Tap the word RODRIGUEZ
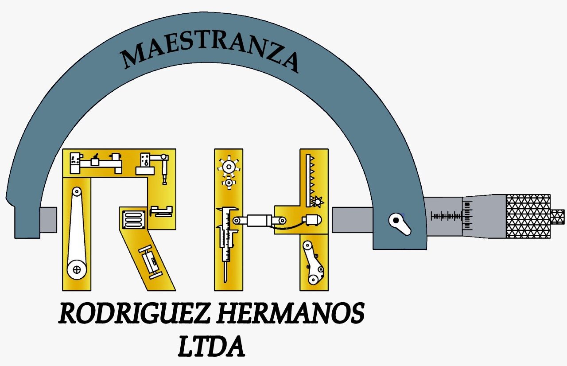click(x=134, y=313)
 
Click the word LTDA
click(x=211, y=346)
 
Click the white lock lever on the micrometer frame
click(x=400, y=224)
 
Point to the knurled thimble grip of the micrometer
click(x=528, y=216)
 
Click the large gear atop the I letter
click(x=229, y=167)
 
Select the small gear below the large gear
click(x=229, y=183)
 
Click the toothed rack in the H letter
click(x=311, y=180)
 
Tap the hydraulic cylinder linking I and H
click(x=259, y=221)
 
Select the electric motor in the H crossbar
click(x=313, y=220)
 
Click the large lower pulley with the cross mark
click(x=77, y=269)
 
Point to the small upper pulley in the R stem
click(x=77, y=191)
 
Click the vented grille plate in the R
click(x=134, y=220)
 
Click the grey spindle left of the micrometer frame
click(x=352, y=220)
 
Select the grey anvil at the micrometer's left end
click(x=48, y=220)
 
